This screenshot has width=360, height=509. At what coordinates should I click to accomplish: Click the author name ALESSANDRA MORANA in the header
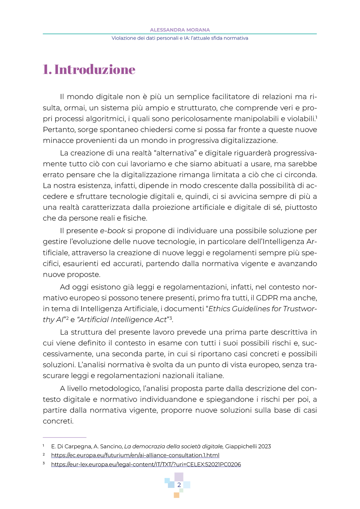click(x=180, y=30)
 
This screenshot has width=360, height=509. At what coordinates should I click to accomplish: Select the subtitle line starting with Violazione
click(x=180, y=38)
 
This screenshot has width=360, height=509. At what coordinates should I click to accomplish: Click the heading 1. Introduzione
click(x=89, y=70)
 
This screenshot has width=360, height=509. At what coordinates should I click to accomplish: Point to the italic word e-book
click(x=113, y=231)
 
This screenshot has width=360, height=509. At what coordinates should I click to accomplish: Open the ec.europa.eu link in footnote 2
click(x=135, y=455)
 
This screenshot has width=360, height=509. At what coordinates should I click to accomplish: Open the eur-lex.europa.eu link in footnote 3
click(x=146, y=464)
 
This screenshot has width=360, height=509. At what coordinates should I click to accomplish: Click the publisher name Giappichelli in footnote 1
click(x=241, y=446)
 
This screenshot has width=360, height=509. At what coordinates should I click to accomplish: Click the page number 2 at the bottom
click(x=179, y=485)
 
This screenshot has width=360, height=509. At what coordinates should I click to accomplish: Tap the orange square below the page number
click(x=176, y=495)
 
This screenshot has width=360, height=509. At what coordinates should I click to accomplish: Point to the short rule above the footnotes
click(x=64, y=437)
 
